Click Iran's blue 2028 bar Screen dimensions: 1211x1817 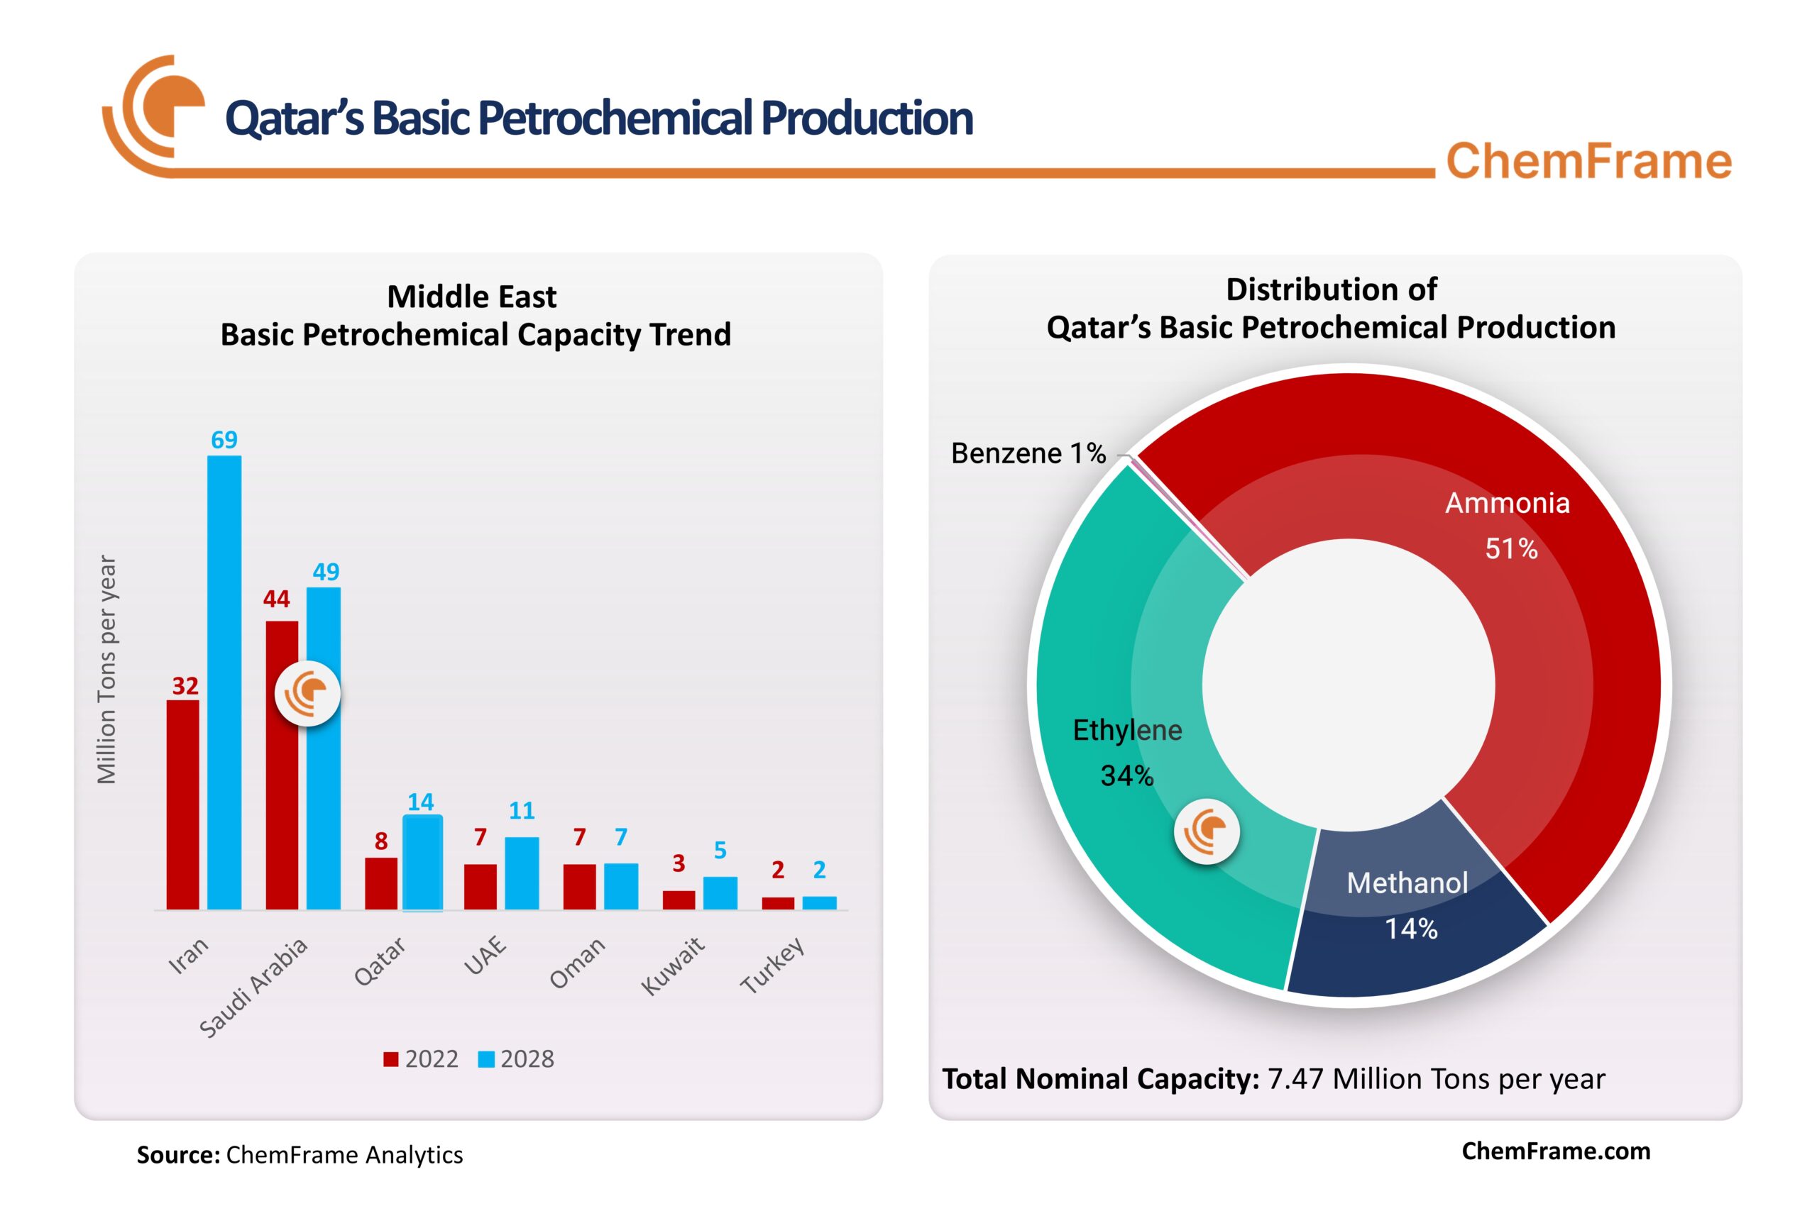coord(224,683)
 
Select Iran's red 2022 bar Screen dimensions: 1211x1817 coord(183,804)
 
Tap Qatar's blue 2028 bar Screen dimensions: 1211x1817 coord(422,863)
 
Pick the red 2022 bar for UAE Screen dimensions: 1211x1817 coord(481,887)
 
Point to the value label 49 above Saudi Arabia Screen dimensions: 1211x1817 coord(325,572)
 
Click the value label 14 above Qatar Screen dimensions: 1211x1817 coord(420,802)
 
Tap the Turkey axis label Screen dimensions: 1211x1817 coord(772,965)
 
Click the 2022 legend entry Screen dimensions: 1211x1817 coord(421,1059)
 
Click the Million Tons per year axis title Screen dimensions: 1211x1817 coord(106,669)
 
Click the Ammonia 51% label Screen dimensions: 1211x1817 coord(1508,525)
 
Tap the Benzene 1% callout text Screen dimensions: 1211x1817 coord(1028,453)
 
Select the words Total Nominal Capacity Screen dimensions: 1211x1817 coord(1100,1079)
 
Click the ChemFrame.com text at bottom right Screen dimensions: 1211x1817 coord(1555,1151)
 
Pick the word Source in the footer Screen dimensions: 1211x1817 coord(177,1155)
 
